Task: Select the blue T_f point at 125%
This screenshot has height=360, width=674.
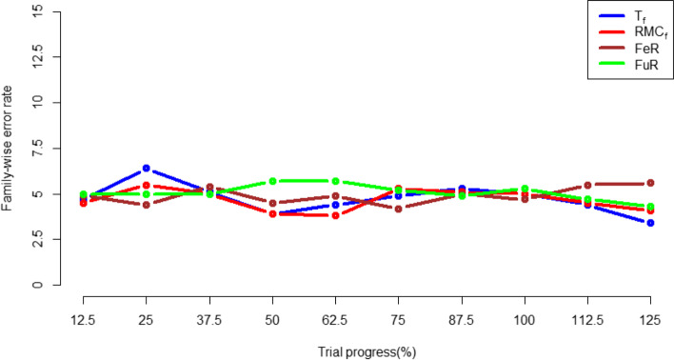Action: pos(650,223)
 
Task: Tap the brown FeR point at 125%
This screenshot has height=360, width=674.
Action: pos(650,183)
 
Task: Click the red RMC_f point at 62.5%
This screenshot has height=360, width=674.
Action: pos(335,215)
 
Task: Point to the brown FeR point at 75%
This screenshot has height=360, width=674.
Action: pos(398,209)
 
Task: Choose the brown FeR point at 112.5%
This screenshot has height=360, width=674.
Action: pos(587,185)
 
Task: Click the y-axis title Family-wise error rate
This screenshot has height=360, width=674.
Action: pos(10,148)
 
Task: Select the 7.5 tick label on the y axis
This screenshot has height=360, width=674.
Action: pos(36,148)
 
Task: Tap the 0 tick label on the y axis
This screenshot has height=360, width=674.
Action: pos(36,285)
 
